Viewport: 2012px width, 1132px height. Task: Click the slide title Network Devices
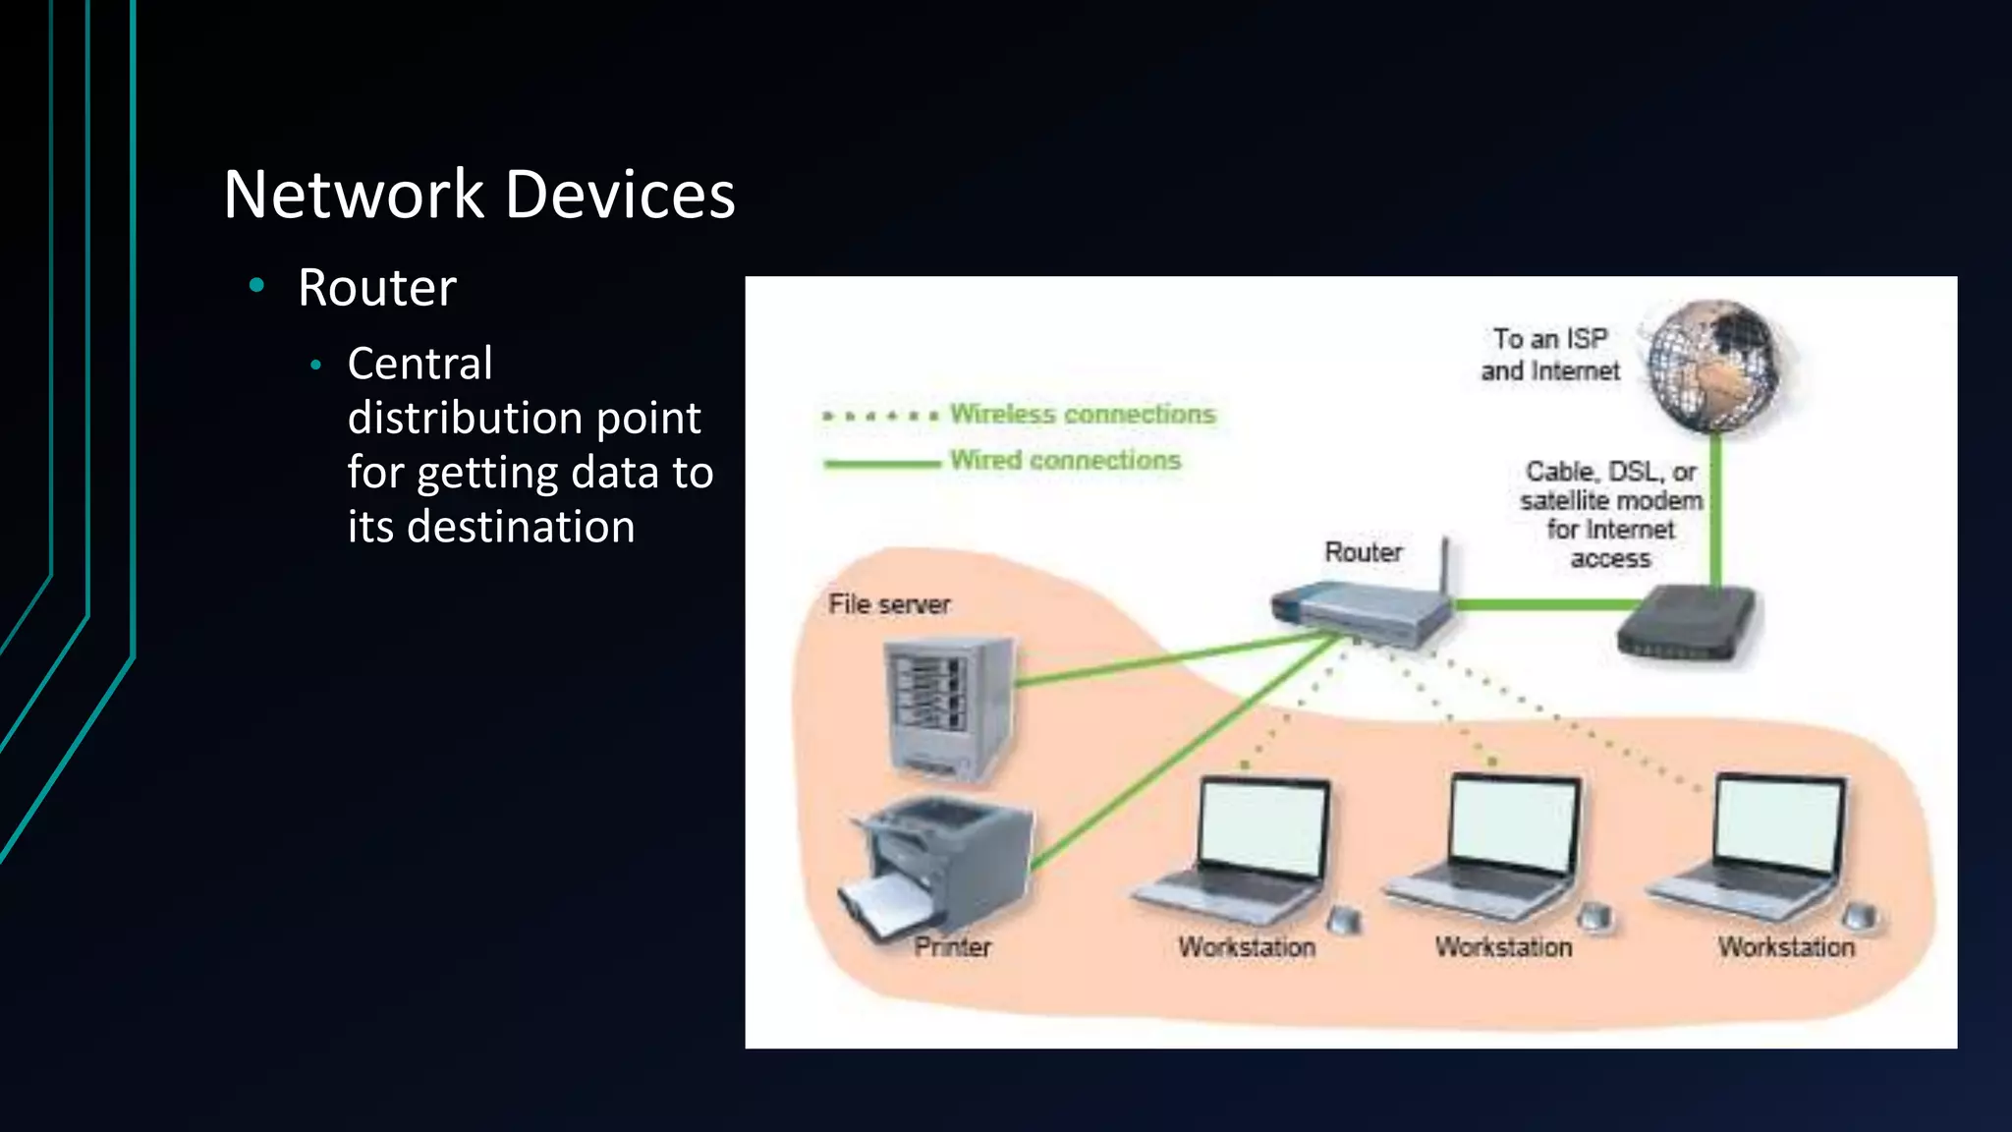point(478,195)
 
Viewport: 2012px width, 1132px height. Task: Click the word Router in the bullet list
point(377,288)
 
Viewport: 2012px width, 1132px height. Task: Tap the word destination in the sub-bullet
point(521,527)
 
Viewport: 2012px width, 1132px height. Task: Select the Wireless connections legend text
point(1082,415)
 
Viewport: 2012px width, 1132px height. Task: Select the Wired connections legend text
point(1065,460)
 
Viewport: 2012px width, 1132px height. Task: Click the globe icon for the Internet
point(1714,366)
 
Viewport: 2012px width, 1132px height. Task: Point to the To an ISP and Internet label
point(1549,355)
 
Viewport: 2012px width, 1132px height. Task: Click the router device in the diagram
point(1361,613)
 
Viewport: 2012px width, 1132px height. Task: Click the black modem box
point(1686,625)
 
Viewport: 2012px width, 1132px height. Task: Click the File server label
point(889,604)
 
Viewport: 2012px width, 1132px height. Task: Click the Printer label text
point(952,947)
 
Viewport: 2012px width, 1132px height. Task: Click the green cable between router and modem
point(1537,604)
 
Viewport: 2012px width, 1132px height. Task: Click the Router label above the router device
point(1363,552)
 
